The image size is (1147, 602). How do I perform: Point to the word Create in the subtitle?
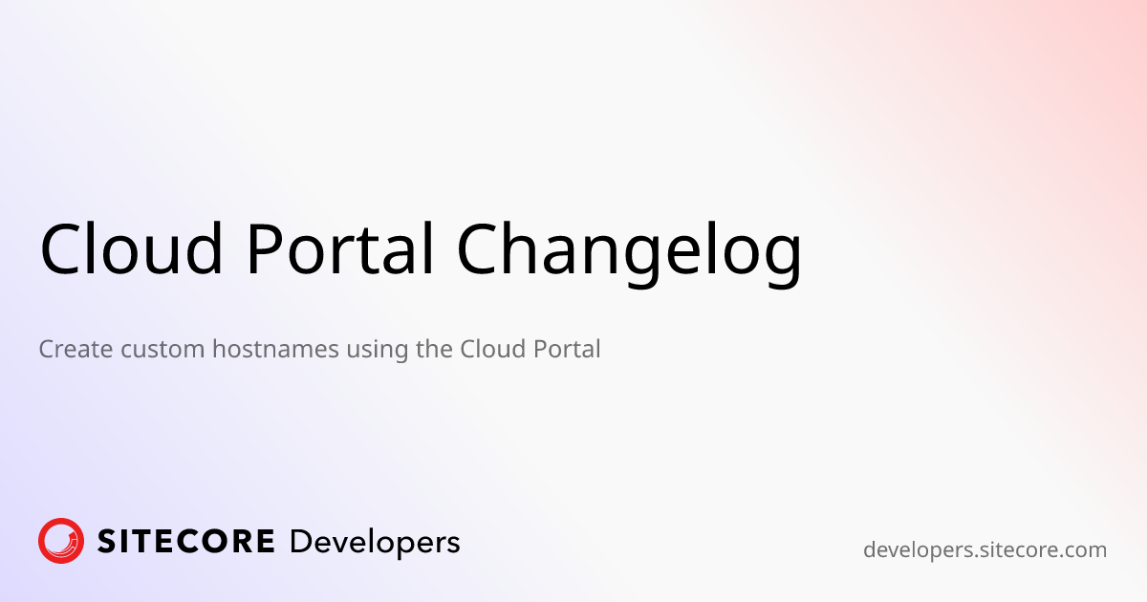[x=76, y=350]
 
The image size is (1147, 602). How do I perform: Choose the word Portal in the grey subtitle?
[x=564, y=350]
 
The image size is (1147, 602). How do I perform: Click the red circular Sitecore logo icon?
[x=61, y=541]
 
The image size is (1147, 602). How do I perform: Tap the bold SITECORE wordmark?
[x=186, y=542]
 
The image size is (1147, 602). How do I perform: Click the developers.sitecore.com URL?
[x=985, y=550]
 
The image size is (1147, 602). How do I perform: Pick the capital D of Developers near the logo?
[x=299, y=542]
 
